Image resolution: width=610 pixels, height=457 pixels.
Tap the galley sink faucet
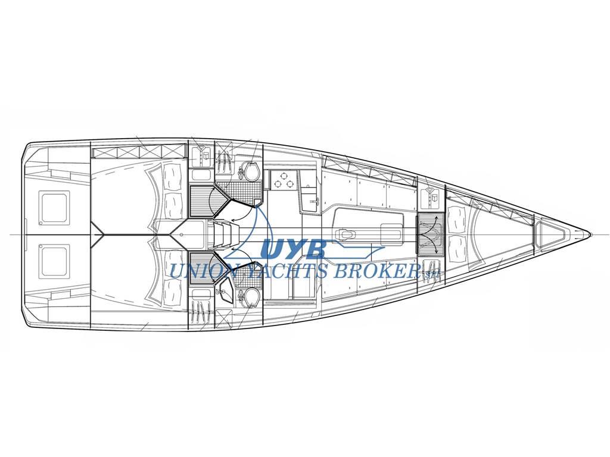pos(316,201)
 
